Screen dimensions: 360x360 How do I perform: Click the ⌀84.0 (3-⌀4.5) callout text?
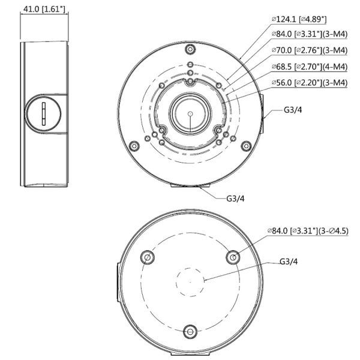310,230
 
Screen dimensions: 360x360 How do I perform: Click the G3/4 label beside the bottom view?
290,262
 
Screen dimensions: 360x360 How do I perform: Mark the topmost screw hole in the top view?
190,49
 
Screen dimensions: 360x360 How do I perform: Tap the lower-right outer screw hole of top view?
245,145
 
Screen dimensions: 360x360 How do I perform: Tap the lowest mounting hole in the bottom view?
190,331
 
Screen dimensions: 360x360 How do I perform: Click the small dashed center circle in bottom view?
190,281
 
